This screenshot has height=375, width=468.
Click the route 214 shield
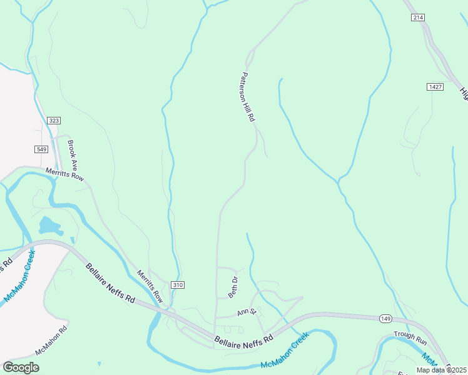pyautogui.click(x=418, y=17)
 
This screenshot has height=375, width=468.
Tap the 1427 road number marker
pyautogui.click(x=435, y=86)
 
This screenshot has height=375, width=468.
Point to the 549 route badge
pyautogui.click(x=41, y=149)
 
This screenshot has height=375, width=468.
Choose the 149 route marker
pyautogui.click(x=385, y=319)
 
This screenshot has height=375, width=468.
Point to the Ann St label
pyautogui.click(x=247, y=312)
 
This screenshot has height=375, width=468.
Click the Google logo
pyautogui.click(x=21, y=367)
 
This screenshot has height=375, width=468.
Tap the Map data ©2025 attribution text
pyautogui.click(x=440, y=370)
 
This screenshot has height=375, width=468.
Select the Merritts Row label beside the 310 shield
pyautogui.click(x=150, y=287)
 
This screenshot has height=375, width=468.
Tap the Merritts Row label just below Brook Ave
pyautogui.click(x=64, y=174)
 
